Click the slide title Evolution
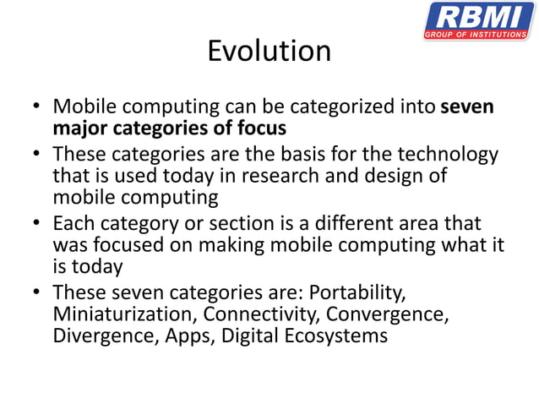coord(269,52)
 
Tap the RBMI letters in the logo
coord(479,18)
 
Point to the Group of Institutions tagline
coord(479,35)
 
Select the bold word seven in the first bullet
coord(466,109)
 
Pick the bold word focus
coord(261,129)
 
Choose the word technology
coord(445,156)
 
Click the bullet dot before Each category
coord(35,225)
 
